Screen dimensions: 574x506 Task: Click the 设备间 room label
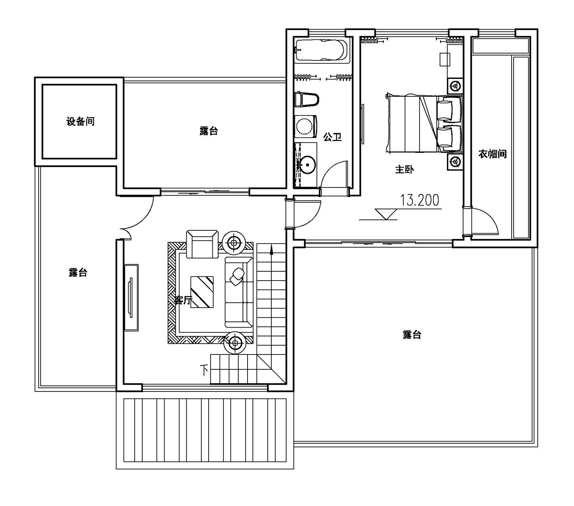80,121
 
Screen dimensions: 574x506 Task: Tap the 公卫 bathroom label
332,137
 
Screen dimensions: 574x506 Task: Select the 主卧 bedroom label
404,170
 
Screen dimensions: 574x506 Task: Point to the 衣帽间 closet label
492,154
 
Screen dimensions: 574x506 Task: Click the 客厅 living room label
183,300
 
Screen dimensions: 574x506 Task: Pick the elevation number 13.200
419,200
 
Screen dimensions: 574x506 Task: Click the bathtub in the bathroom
321,50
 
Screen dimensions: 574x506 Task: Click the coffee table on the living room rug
202,292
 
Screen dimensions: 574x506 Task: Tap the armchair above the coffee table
202,244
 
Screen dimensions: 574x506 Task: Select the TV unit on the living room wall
131,297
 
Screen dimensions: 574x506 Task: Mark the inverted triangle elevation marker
386,214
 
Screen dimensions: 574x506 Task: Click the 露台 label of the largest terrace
412,335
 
